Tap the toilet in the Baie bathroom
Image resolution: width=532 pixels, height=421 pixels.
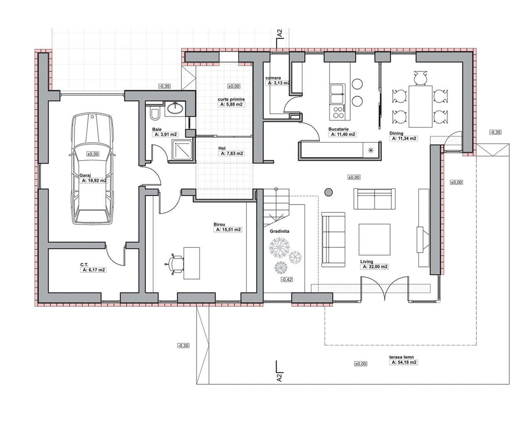click(155, 114)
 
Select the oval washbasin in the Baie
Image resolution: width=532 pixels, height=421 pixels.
click(175, 108)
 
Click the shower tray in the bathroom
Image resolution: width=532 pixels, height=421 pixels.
click(182, 150)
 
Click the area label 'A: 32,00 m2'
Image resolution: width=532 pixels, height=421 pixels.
click(375, 267)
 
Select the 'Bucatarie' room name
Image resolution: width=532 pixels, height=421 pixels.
click(338, 129)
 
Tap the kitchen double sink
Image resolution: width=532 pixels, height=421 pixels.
click(337, 94)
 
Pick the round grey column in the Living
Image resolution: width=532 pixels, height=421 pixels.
click(328, 192)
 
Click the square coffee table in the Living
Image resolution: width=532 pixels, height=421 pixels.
click(374, 239)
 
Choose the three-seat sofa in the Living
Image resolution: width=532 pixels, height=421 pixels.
click(333, 239)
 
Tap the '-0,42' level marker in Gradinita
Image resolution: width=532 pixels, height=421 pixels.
click(287, 279)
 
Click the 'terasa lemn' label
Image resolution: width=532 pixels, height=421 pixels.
click(401, 357)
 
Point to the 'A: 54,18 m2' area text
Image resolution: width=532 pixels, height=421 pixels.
click(404, 362)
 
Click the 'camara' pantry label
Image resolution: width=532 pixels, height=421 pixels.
click(273, 78)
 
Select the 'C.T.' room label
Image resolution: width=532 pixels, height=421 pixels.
click(84, 265)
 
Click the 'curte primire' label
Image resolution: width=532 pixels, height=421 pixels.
click(231, 99)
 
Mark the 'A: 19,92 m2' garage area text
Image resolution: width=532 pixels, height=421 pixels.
click(94, 181)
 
